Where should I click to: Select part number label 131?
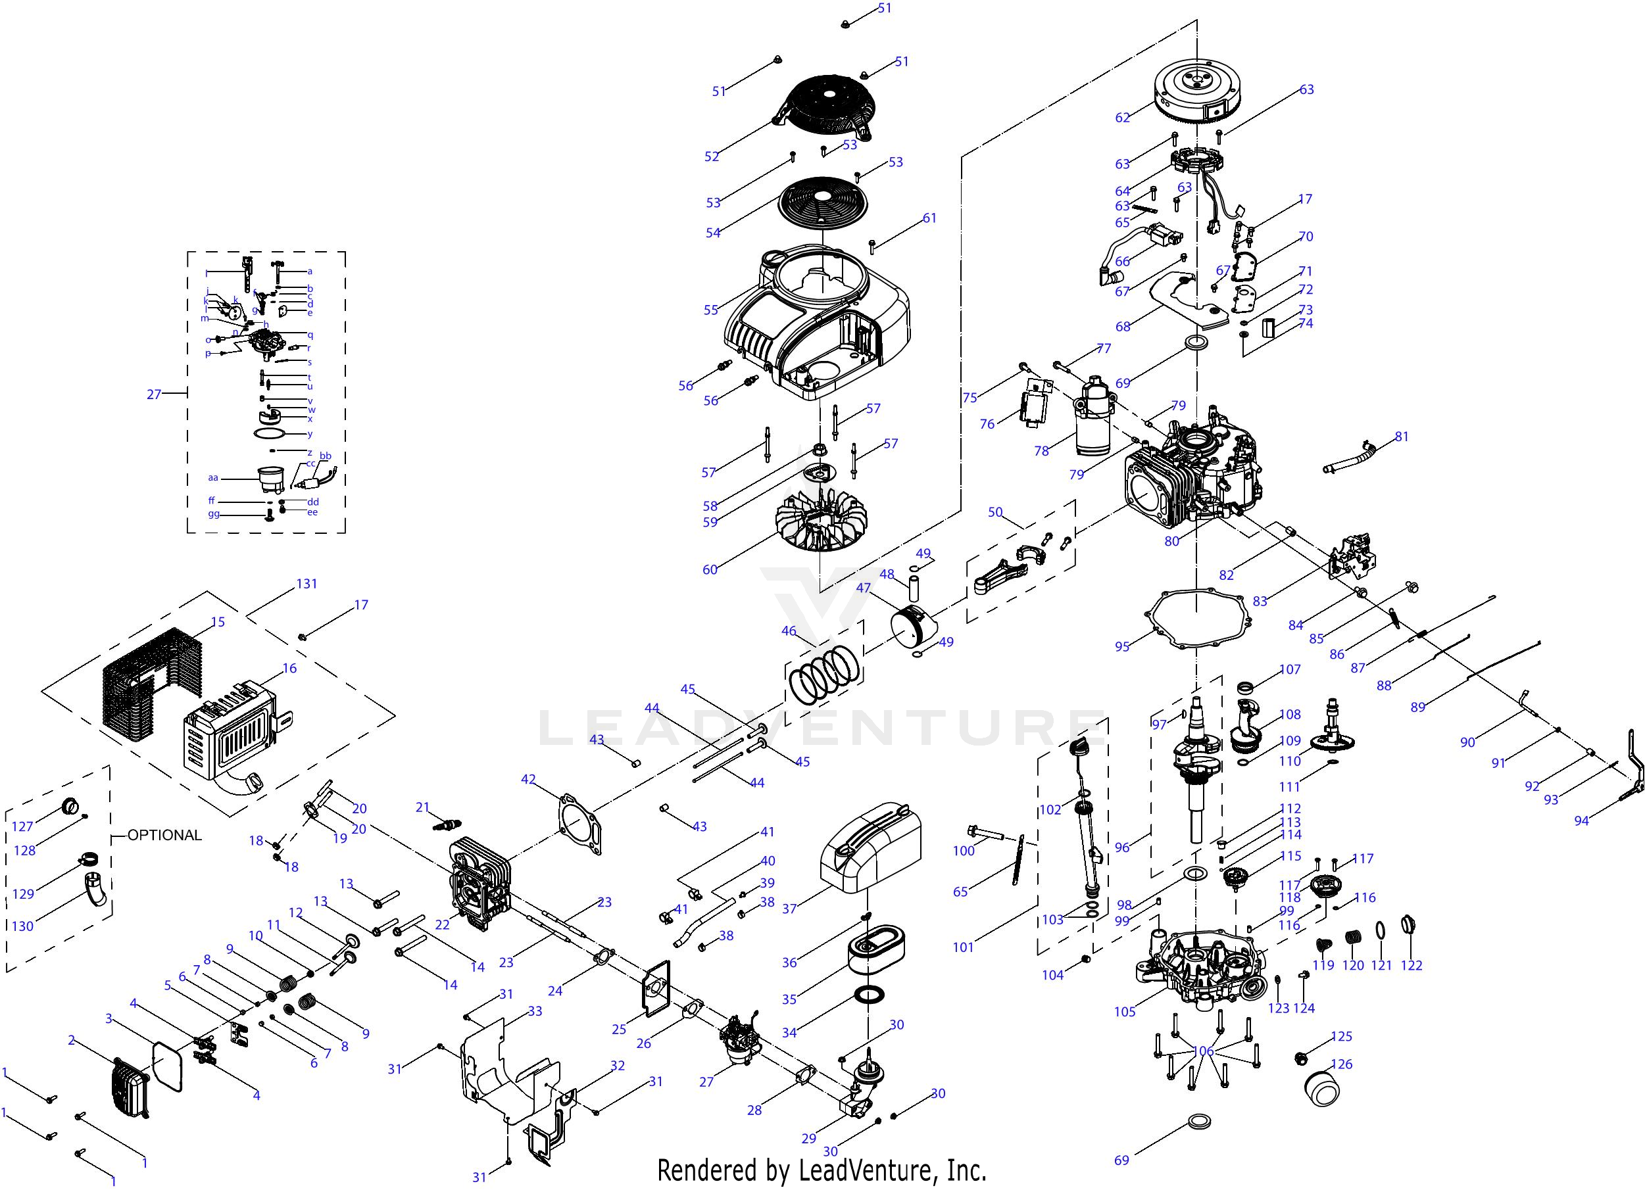(307, 584)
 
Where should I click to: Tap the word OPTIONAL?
(164, 836)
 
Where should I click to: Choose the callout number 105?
(1124, 1012)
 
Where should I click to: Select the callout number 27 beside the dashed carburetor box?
(154, 394)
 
